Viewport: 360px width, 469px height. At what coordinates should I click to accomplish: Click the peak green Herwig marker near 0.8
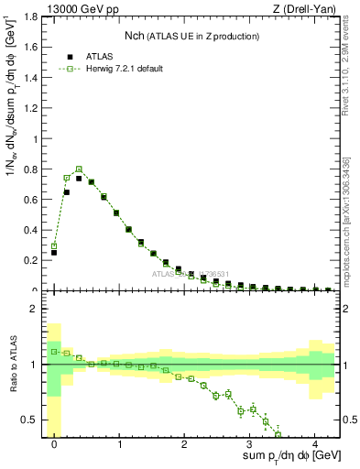pyautogui.click(x=79, y=169)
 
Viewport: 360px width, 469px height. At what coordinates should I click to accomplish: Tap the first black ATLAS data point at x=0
pyautogui.click(x=54, y=252)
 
